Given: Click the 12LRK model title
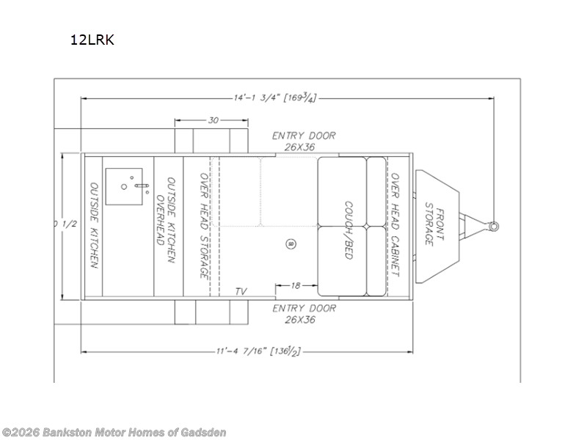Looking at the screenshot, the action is pyautogui.click(x=92, y=40).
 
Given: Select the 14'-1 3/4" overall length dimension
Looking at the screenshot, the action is pyautogui.click(x=275, y=98).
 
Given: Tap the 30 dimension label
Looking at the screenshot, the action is pyautogui.click(x=213, y=120).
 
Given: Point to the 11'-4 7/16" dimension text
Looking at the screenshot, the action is pyautogui.click(x=258, y=351).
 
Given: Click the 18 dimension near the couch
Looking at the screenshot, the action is pyautogui.click(x=296, y=285).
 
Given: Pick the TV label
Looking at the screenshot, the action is pyautogui.click(x=241, y=291).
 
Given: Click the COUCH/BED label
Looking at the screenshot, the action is pyautogui.click(x=349, y=230).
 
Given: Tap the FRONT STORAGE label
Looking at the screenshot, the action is pyautogui.click(x=434, y=224).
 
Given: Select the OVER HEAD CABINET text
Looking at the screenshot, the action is pyautogui.click(x=395, y=224).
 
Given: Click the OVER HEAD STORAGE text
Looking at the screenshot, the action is pyautogui.click(x=204, y=225).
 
